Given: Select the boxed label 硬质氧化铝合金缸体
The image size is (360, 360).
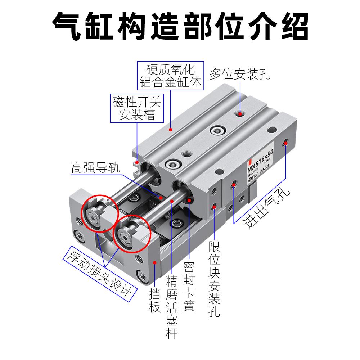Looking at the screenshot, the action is (x=170, y=76).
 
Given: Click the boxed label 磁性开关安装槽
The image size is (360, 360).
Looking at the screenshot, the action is (x=137, y=108).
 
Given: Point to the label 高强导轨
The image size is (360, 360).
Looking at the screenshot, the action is (x=95, y=168).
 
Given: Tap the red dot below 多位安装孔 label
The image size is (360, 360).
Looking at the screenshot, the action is (x=240, y=114).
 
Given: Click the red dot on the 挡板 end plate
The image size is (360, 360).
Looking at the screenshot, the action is (x=155, y=262).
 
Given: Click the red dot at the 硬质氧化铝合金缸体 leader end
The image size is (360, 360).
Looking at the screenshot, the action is (x=171, y=129).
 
